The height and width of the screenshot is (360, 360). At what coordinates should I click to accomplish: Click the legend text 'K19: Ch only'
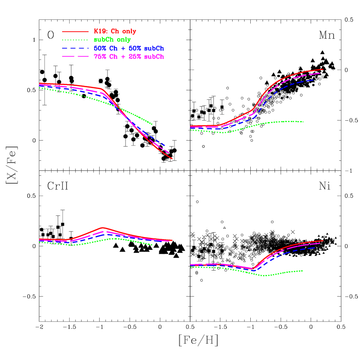(x=115, y=31)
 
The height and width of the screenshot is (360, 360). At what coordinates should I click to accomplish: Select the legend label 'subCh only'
(x=112, y=40)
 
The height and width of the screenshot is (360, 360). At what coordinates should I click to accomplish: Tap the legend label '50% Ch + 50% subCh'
(x=129, y=48)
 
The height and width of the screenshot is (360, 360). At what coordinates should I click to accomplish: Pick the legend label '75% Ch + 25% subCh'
(x=129, y=57)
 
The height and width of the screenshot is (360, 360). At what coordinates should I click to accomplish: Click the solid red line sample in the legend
(x=75, y=32)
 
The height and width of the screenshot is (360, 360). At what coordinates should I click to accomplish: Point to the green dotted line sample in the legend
(x=75, y=40)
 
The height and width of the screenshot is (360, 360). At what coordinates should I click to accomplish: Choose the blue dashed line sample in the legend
(x=75, y=48)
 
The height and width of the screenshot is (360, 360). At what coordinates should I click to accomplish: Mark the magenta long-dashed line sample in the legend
(x=75, y=57)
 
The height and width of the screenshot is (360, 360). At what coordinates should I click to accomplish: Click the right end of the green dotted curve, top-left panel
(x=152, y=124)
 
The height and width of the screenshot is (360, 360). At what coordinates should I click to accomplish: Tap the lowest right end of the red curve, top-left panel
(x=172, y=159)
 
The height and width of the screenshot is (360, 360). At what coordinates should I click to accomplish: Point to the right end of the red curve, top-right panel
(x=323, y=69)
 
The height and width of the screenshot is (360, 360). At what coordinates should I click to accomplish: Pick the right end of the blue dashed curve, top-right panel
(x=314, y=80)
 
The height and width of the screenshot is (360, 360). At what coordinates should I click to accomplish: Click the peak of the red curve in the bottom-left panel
(x=102, y=227)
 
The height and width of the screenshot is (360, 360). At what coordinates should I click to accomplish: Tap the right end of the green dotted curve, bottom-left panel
(x=152, y=245)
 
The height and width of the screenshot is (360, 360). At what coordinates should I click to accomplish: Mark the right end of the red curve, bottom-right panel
(x=323, y=241)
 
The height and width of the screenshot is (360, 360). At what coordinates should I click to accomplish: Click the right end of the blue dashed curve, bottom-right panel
(x=315, y=248)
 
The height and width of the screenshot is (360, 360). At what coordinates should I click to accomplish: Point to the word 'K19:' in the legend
(x=99, y=31)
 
